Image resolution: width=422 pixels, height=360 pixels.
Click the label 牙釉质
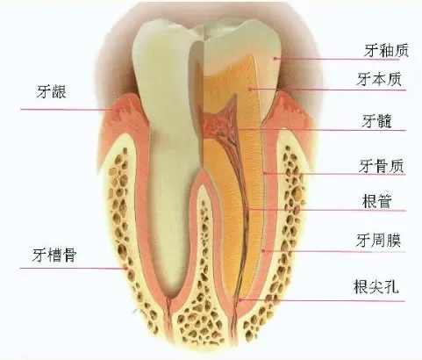(x=386, y=50)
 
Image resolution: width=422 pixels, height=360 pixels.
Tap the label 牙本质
(x=379, y=79)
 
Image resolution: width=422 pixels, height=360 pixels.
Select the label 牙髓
(x=377, y=120)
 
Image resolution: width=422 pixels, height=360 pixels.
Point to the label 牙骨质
(x=382, y=166)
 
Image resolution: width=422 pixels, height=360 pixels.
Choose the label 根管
(x=376, y=201)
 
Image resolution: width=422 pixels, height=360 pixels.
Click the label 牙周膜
(x=378, y=241)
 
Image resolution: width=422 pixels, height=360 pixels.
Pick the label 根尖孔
(x=376, y=286)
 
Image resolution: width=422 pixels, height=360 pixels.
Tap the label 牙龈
(x=52, y=91)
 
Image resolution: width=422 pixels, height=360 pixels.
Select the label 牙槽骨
(x=54, y=255)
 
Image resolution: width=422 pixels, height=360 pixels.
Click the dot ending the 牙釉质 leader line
(x=275, y=59)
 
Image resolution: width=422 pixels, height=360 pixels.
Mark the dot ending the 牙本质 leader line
(x=250, y=89)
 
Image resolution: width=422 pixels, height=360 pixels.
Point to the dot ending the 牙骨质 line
(x=265, y=173)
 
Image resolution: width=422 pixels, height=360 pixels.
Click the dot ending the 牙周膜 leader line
(x=263, y=250)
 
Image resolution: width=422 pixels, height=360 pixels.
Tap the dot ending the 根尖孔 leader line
(x=240, y=300)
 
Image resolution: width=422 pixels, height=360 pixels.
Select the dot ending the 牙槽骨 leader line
(x=126, y=268)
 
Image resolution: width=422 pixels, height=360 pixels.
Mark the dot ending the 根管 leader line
(x=247, y=210)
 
